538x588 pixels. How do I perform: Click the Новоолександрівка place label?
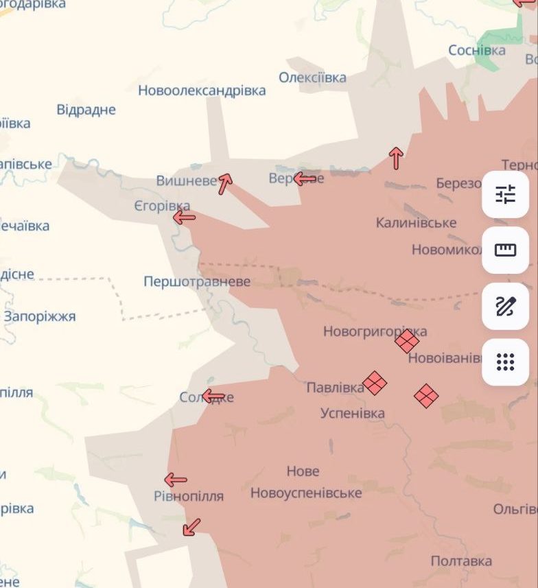202,91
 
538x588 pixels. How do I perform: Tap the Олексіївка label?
312,78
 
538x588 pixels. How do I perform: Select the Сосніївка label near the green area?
477,50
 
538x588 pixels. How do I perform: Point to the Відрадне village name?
86,110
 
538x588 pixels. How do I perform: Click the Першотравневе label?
197,282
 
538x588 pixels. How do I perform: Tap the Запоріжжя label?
40,317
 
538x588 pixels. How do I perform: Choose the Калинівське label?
416,223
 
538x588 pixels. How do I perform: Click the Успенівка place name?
353,413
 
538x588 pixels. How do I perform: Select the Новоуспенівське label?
306,493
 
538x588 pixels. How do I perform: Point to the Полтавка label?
461,561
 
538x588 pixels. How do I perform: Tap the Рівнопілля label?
189,496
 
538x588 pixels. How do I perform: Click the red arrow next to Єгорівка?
184,217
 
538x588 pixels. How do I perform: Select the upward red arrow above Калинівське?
396,158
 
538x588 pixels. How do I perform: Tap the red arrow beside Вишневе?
225,183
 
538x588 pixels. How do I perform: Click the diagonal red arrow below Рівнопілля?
191,527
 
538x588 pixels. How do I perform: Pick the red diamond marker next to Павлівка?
375,383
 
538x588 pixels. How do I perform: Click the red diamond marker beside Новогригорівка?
407,340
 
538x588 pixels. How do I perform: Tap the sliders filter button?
506,195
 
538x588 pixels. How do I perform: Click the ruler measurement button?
506,250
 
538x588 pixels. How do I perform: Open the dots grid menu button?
506,362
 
